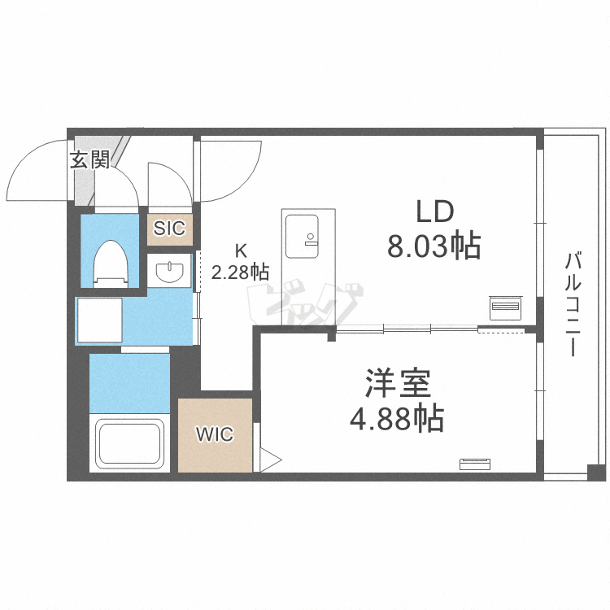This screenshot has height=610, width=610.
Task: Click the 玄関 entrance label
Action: (89, 159)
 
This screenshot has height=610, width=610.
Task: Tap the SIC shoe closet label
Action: (170, 229)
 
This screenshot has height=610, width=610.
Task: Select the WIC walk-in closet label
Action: (215, 434)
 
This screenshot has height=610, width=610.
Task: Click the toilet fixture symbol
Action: (111, 264)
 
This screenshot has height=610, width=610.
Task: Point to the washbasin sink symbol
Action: (170, 271)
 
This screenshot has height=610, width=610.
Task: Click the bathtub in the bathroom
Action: (129, 443)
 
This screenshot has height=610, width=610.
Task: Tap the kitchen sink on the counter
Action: (303, 237)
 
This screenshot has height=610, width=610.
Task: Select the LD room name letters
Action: (435, 212)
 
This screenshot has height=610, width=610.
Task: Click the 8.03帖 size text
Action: (434, 246)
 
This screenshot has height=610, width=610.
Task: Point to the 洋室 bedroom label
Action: (398, 383)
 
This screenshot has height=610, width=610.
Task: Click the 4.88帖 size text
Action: (397, 418)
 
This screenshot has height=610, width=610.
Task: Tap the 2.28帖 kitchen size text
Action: (240, 272)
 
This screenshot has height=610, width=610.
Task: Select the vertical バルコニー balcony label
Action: (573, 304)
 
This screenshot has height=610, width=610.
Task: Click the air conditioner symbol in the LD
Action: (506, 307)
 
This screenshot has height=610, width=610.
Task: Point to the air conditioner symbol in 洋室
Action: (475, 464)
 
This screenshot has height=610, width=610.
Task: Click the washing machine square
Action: (100, 320)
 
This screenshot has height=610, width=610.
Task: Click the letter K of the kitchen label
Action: (241, 251)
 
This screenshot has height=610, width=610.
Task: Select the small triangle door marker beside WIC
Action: (270, 460)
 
